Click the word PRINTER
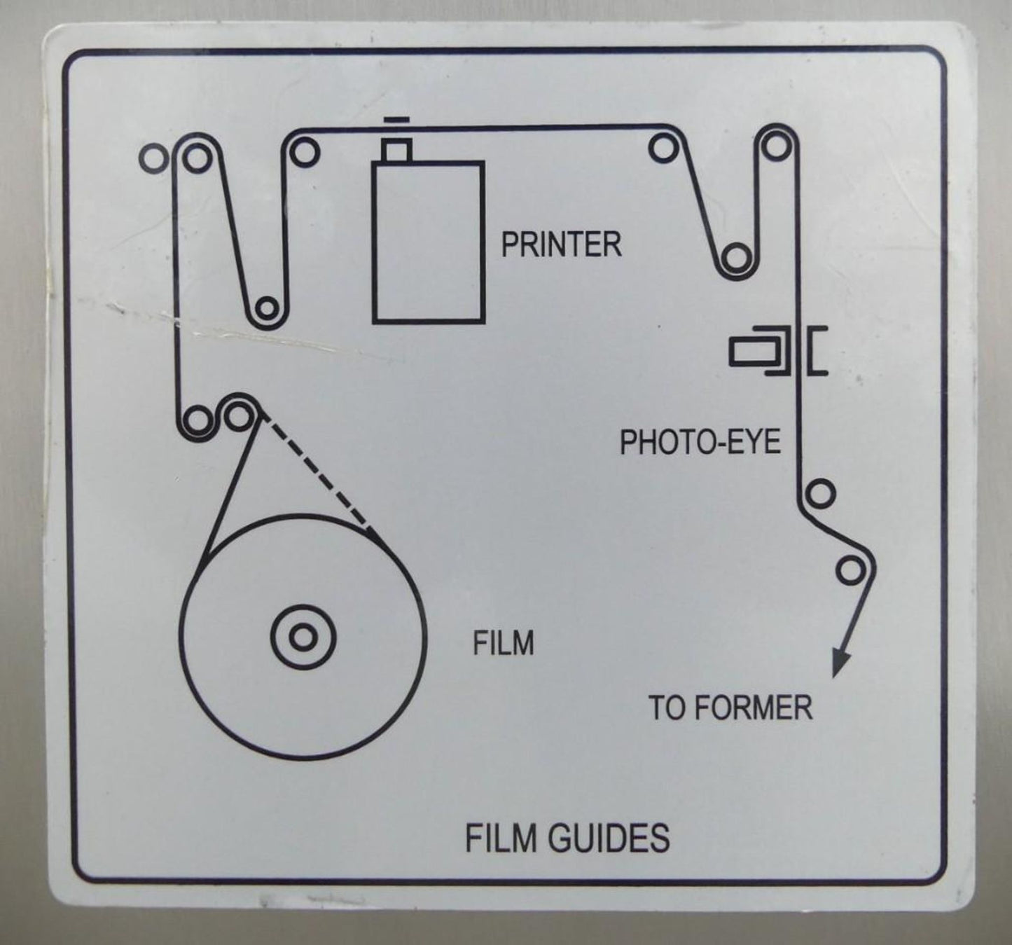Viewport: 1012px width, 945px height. [562, 244]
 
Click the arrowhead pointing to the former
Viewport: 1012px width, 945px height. [840, 665]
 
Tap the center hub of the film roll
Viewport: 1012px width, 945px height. [303, 637]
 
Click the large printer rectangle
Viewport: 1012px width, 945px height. [428, 242]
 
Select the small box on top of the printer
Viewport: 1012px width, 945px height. [396, 151]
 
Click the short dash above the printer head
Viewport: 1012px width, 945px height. [396, 120]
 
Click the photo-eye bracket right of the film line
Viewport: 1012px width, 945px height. [817, 352]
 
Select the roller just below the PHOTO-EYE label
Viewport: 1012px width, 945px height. [820, 494]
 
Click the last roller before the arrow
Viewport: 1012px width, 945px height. [850, 570]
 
